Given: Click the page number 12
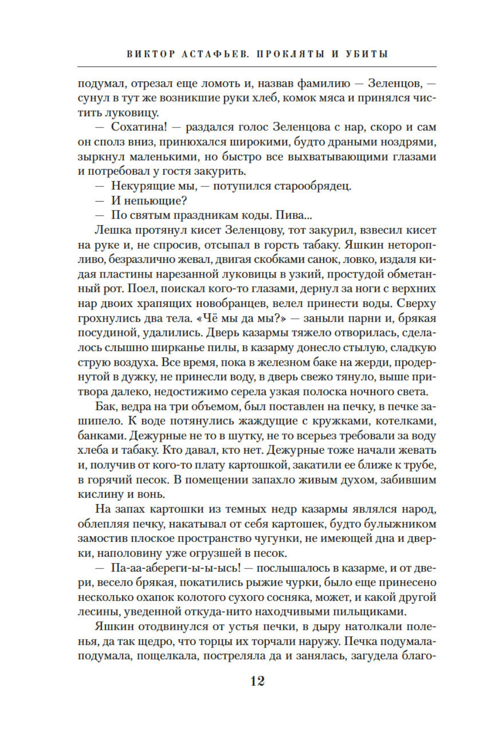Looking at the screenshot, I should pos(258,681).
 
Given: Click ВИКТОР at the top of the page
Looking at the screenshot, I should pos(151,54).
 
